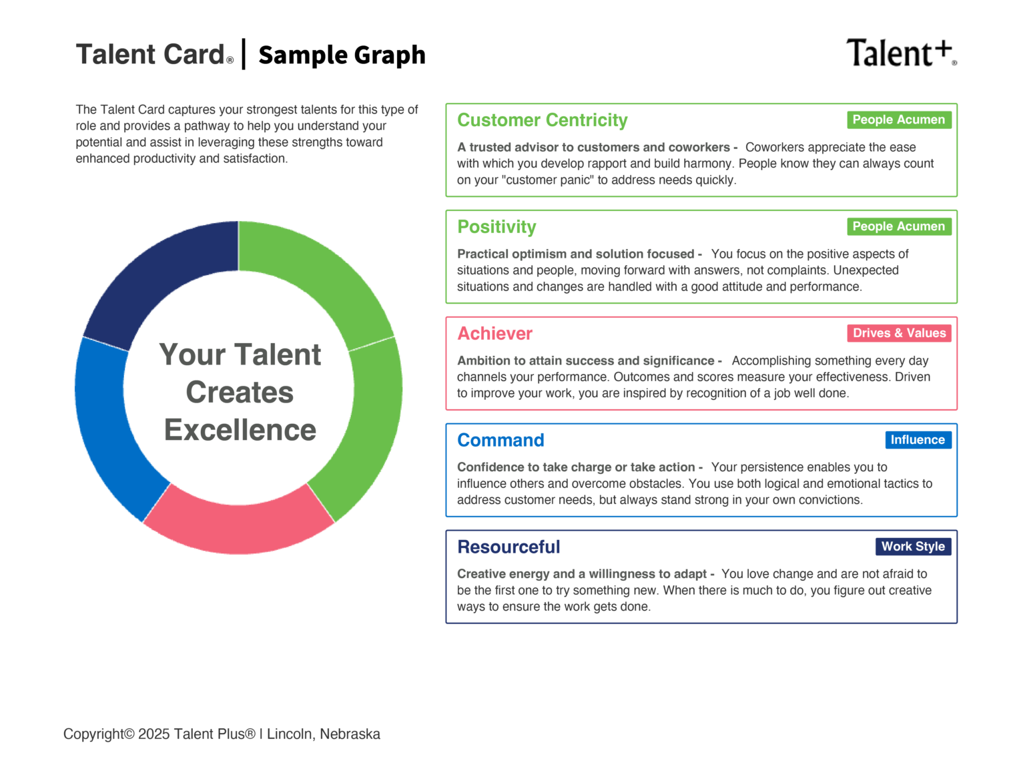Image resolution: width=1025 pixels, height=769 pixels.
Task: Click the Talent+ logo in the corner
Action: pos(900,53)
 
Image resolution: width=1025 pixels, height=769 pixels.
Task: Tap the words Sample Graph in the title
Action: pos(342,55)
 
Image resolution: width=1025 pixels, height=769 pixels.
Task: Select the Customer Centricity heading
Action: pos(542,120)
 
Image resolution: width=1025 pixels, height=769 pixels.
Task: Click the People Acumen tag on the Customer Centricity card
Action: pos(898,119)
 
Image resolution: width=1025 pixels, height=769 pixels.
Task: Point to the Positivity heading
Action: pos(496,227)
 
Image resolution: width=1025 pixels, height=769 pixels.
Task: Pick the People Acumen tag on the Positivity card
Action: pos(898,226)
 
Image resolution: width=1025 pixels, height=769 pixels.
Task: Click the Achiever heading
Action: pos(494,334)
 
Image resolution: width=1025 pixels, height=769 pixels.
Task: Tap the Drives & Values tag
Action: pos(899,333)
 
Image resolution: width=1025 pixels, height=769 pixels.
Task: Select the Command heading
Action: pos(500,441)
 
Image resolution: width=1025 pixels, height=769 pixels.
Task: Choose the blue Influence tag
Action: pos(918,440)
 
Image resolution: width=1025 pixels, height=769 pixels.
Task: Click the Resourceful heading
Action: pos(508,547)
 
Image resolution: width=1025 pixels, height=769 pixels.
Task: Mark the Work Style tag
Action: pos(913,547)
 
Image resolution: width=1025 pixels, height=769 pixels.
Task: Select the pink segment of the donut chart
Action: pos(239,527)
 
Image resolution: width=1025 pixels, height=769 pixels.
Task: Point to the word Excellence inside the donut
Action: pos(240,431)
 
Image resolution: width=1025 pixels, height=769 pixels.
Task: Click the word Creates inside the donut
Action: pos(240,393)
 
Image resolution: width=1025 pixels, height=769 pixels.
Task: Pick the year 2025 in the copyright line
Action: pos(153,734)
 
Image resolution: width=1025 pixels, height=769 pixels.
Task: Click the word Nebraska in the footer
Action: pos(350,734)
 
